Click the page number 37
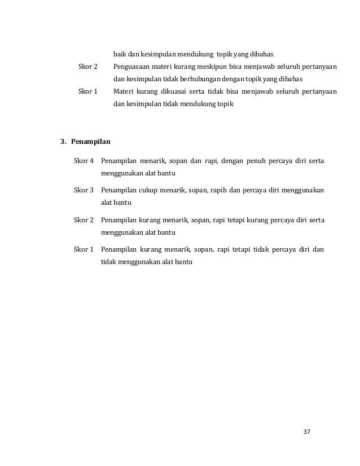tap(307, 432)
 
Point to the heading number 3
tap(63, 140)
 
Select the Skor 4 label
tap(84, 162)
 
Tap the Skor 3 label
tap(84, 191)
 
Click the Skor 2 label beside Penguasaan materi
tap(87, 67)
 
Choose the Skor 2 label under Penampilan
tap(84, 219)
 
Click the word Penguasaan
tap(132, 67)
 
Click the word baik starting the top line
tap(119, 54)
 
